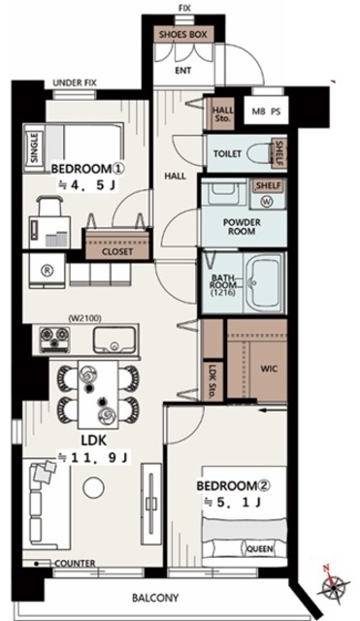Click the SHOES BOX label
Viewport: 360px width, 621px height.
[x=183, y=35]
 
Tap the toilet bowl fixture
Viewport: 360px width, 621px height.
[x=259, y=153]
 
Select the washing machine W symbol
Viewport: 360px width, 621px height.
[x=267, y=202]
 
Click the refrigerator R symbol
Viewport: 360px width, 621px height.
[x=48, y=270]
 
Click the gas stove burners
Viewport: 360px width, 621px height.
[x=54, y=340]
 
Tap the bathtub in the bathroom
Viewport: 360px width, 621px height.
[x=264, y=283]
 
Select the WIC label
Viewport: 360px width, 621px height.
[x=269, y=369]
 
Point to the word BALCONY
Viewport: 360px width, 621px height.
[x=155, y=598]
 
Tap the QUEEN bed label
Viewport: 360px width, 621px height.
[x=260, y=549]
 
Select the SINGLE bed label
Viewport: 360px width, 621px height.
[x=35, y=147]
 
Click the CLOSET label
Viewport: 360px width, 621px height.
[x=117, y=251]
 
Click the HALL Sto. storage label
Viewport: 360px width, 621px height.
[x=222, y=114]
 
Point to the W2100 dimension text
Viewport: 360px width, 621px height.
[x=85, y=318]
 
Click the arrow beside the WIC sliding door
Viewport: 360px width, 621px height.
[x=272, y=410]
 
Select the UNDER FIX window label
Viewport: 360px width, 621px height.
[x=75, y=83]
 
